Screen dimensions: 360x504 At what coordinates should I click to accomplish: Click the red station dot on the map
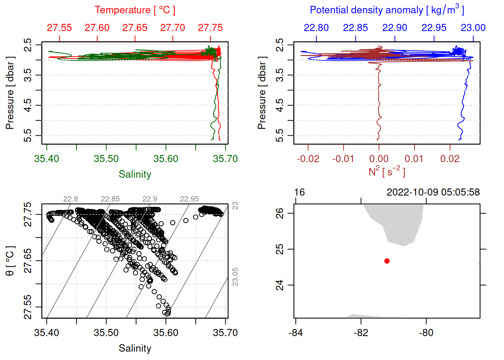(x=387, y=261)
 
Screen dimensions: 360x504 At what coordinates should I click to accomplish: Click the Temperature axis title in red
(x=135, y=10)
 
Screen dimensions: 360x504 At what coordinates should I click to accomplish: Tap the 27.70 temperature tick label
(x=172, y=28)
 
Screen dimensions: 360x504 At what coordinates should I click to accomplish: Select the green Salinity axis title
(x=135, y=174)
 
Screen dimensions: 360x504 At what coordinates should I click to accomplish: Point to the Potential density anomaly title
(x=387, y=10)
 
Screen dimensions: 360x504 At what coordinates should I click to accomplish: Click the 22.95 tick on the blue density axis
(x=434, y=28)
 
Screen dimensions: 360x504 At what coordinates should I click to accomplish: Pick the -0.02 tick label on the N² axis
(x=308, y=159)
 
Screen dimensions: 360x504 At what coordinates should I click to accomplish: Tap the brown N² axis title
(x=387, y=171)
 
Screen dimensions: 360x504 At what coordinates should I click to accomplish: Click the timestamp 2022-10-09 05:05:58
(x=433, y=192)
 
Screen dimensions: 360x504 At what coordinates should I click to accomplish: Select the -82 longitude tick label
(x=361, y=333)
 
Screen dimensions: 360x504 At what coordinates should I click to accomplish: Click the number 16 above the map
(x=299, y=192)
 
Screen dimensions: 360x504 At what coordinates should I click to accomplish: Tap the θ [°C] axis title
(x=10, y=261)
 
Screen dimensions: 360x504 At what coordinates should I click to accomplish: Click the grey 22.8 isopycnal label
(x=70, y=199)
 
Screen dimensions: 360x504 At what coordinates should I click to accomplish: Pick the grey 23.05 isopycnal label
(x=235, y=277)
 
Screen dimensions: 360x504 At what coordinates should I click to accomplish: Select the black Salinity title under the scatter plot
(x=135, y=348)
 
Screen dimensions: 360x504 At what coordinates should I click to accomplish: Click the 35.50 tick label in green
(x=106, y=159)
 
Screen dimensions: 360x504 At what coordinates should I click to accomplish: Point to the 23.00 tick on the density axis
(x=473, y=28)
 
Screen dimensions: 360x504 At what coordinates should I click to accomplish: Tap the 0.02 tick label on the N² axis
(x=450, y=159)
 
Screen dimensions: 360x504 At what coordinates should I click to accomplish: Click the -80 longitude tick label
(x=426, y=333)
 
